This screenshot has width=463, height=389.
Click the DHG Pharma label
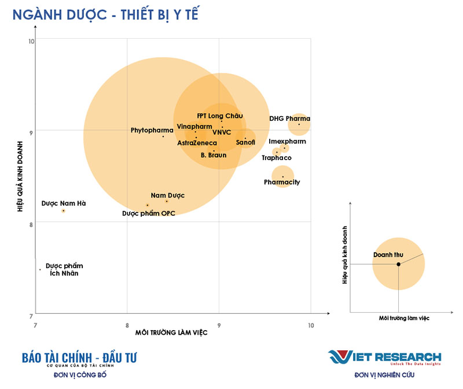[x=290, y=118]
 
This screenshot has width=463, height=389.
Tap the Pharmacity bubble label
[x=282, y=183]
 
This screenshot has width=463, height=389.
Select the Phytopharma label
[x=152, y=130]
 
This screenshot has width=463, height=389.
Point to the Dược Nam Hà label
[x=64, y=203]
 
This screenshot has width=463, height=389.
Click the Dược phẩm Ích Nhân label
[x=64, y=270]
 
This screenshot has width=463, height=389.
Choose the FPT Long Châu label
[x=219, y=116]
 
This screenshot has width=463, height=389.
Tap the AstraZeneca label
[x=197, y=143]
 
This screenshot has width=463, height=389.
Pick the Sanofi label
[x=246, y=142]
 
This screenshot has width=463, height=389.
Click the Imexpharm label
[x=288, y=142]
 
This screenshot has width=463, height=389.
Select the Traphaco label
[x=277, y=158]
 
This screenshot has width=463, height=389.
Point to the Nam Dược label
[x=168, y=195]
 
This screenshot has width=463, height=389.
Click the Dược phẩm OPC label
[x=149, y=213]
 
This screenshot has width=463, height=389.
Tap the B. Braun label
[x=214, y=155]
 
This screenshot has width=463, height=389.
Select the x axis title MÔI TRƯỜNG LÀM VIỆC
[x=171, y=333]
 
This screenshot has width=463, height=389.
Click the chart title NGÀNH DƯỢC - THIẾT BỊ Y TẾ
[x=105, y=14]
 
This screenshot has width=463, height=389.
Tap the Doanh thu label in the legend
[x=388, y=255]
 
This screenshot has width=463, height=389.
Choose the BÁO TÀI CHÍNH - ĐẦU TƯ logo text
[x=79, y=358]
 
